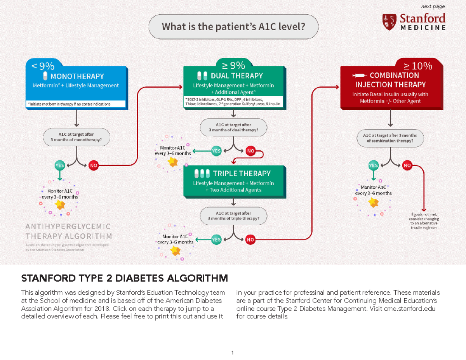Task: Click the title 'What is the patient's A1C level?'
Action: pyautogui.click(x=233, y=27)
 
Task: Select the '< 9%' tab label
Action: pyautogui.click(x=43, y=65)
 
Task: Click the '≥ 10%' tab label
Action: pyautogui.click(x=417, y=66)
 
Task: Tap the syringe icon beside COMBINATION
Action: pyautogui.click(x=358, y=75)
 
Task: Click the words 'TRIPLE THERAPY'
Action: pyautogui.click(x=242, y=173)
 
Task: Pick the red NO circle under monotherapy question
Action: pyautogui.click(x=94, y=165)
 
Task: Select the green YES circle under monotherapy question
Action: pyautogui.click(x=60, y=165)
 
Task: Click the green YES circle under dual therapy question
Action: pyautogui.click(x=216, y=151)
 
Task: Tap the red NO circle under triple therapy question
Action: pyautogui.click(x=250, y=240)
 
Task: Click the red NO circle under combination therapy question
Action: pyautogui.click(x=407, y=165)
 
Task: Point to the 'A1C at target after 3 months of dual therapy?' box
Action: pyautogui.click(x=233, y=127)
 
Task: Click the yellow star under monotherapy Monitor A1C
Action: pyautogui.click(x=60, y=204)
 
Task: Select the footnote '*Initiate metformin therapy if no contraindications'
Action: pyautogui.click(x=69, y=104)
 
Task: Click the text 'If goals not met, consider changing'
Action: pyautogui.click(x=424, y=217)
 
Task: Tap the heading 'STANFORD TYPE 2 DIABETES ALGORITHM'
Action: pyautogui.click(x=124, y=278)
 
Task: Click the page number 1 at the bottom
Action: pyautogui.click(x=232, y=353)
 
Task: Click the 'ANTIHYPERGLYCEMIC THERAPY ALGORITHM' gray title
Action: pyautogui.click(x=68, y=231)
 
